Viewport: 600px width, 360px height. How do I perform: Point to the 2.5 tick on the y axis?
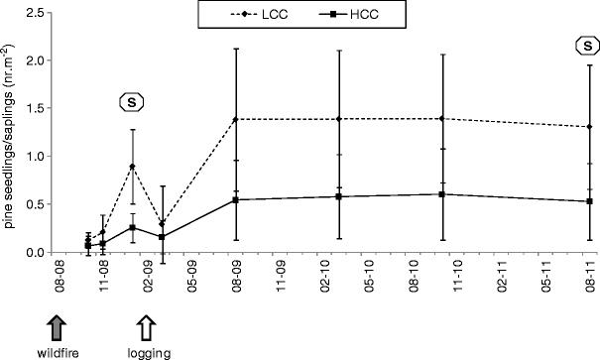point(34,13)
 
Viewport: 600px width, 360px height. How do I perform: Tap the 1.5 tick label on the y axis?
point(34,109)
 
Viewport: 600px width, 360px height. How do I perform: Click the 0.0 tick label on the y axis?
point(34,253)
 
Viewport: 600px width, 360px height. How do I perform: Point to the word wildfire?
point(60,352)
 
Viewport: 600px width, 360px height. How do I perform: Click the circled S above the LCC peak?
point(132,101)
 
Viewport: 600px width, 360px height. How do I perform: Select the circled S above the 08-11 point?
point(589,45)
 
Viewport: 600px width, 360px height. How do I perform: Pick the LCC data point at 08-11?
point(589,127)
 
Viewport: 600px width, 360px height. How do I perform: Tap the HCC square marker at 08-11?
point(589,201)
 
